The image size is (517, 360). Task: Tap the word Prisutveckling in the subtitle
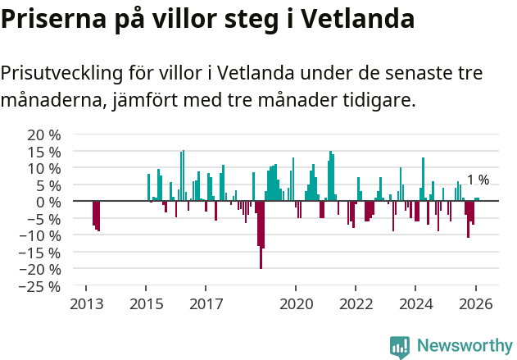(x=61, y=74)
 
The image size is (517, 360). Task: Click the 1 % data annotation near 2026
(x=478, y=180)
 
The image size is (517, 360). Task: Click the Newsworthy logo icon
(x=400, y=347)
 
